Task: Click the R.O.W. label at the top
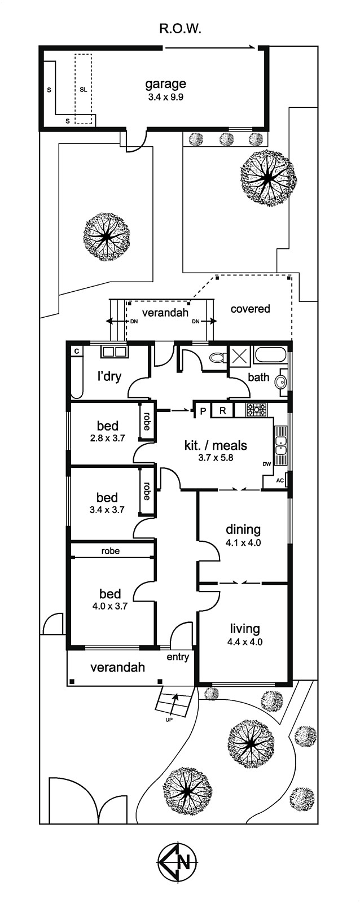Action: [180, 29]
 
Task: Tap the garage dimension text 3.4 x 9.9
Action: [166, 97]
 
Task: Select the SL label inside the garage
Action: [83, 90]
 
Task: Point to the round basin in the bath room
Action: [281, 380]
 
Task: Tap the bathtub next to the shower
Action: [271, 356]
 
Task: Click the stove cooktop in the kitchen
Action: [257, 410]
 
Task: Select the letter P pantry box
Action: [203, 411]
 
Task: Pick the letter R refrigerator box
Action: [222, 411]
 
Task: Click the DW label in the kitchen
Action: [267, 463]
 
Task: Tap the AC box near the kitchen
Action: [280, 480]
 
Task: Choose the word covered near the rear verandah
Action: [250, 309]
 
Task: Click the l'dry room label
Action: [109, 376]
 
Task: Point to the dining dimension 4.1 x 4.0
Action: [243, 542]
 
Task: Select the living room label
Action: [245, 629]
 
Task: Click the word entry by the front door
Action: [178, 657]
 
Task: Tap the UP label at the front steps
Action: [169, 720]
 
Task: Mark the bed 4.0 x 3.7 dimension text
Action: [109, 606]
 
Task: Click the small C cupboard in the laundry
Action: [76, 351]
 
